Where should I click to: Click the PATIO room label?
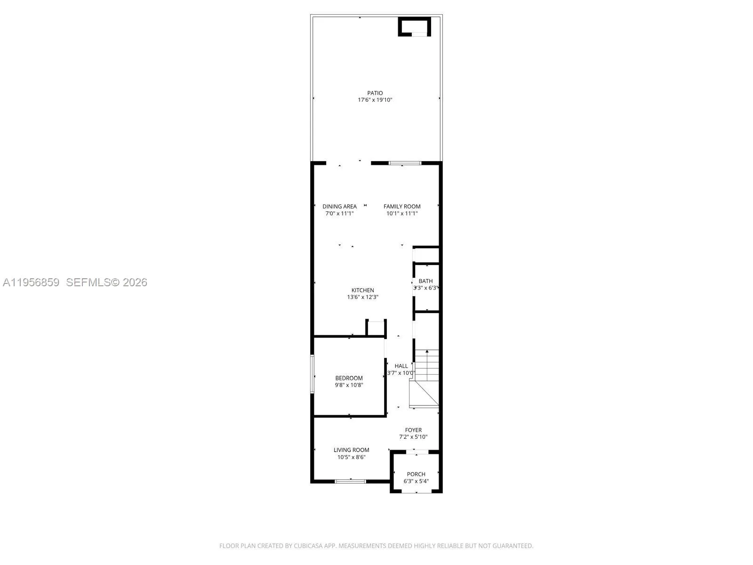point(375,93)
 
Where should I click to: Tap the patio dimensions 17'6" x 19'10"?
point(375,100)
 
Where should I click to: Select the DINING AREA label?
point(339,206)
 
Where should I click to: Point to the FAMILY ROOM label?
point(402,206)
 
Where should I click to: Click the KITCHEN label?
point(363,291)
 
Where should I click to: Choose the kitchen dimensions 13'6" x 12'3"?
point(363,297)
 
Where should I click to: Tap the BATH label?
point(425,281)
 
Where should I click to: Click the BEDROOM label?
point(349,378)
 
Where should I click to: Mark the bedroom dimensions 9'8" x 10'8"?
point(349,385)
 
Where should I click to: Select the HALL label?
point(401,366)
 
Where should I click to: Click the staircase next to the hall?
point(426,377)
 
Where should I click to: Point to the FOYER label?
point(413,430)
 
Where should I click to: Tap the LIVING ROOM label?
point(352,450)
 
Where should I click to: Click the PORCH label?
point(416,474)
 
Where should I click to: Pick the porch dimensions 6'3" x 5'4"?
point(416,481)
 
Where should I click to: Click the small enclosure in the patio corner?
point(415,26)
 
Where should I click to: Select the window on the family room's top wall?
point(405,163)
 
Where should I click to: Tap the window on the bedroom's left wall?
point(312,374)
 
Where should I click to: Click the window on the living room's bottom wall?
point(350,481)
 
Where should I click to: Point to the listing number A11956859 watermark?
point(31,282)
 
